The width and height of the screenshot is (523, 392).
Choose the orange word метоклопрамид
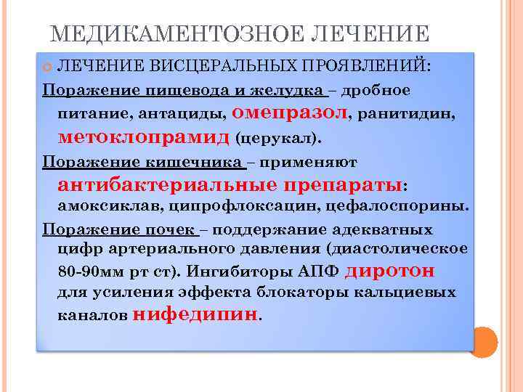click(x=145, y=136)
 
